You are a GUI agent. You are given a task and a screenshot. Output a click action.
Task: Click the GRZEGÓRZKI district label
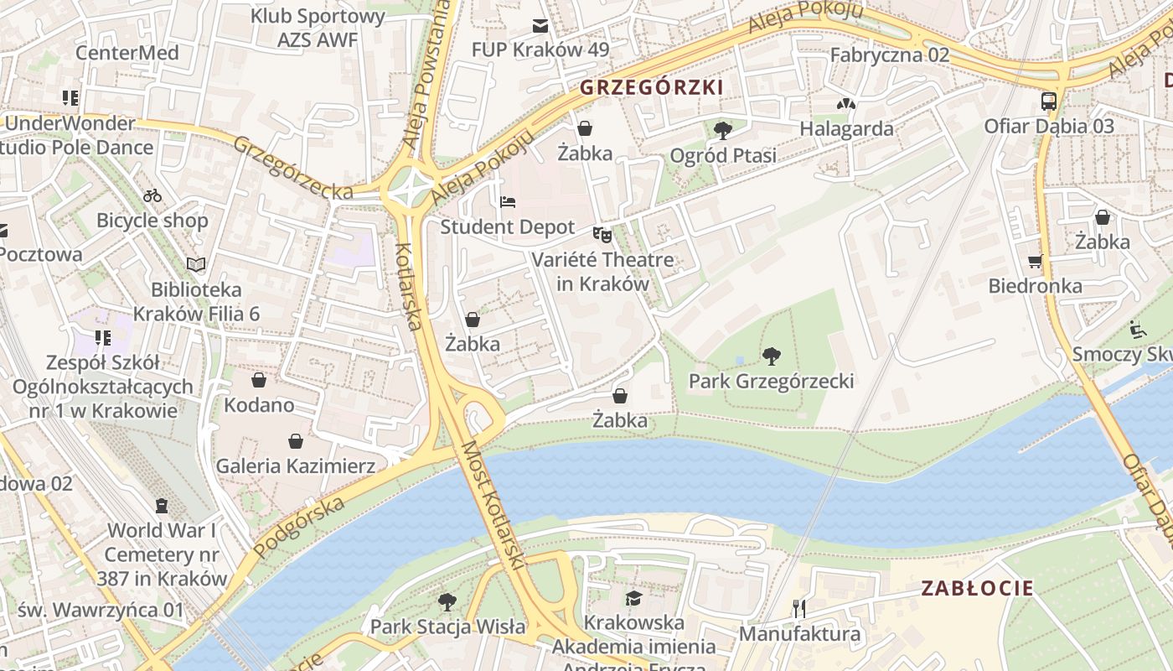point(651,86)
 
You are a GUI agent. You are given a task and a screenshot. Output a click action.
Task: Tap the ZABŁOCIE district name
point(977,588)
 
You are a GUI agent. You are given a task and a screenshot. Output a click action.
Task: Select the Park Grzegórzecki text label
point(771,382)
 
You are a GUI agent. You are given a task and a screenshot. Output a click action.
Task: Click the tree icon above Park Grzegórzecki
point(771,356)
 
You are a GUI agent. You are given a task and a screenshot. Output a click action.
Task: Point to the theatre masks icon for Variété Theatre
point(602,234)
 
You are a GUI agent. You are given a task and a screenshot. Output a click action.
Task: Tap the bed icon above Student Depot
point(508,202)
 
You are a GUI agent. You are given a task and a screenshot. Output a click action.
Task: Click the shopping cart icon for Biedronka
point(1035,261)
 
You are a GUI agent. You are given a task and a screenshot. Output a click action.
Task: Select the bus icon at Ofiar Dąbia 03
point(1048,101)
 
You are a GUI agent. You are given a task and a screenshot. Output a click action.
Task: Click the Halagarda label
point(846,129)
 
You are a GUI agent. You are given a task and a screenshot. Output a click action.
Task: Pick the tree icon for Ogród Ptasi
point(722,130)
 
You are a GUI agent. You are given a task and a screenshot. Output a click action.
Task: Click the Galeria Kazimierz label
point(296,466)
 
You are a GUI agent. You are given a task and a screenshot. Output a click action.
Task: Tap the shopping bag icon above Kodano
point(258,380)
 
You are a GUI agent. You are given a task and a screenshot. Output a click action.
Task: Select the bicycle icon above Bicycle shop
point(152,195)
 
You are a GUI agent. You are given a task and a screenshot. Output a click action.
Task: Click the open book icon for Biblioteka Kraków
point(196,264)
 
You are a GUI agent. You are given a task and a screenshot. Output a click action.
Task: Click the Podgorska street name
point(299,528)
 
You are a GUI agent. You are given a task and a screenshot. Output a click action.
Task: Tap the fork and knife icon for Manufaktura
point(798,608)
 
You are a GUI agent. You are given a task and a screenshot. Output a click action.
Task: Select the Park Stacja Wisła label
point(448,627)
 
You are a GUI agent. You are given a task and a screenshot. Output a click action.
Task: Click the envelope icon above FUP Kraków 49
point(540,26)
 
